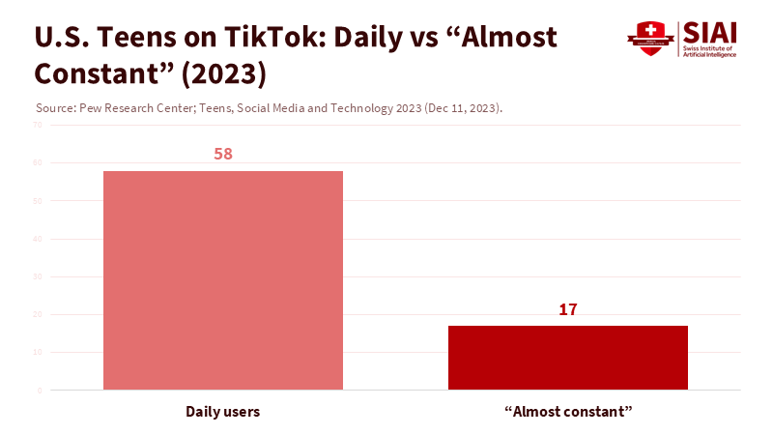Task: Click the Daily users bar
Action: pos(223,280)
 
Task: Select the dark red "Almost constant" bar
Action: pos(568,358)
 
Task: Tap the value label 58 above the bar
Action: pos(223,155)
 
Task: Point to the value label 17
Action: pos(568,309)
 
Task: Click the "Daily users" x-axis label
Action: pos(223,412)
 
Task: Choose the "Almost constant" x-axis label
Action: pos(568,412)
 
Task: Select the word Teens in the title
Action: pos(135,38)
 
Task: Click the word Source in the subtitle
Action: pos(52,108)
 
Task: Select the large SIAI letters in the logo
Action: pos(711,32)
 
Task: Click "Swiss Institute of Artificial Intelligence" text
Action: pos(710,51)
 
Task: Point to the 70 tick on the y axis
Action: pos(38,125)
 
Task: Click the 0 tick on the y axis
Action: pos(40,391)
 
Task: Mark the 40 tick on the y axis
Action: pos(38,239)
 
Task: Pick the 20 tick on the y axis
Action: pos(38,314)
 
